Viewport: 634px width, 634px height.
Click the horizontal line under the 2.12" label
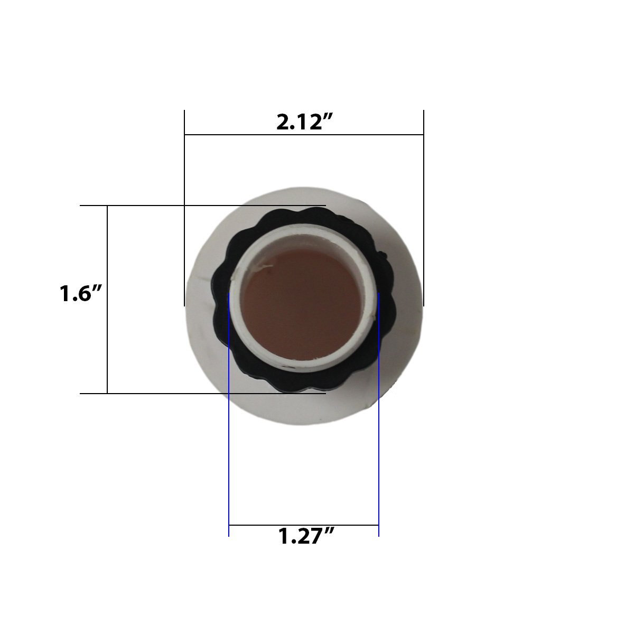pos(304,135)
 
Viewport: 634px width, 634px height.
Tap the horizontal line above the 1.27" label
pos(304,525)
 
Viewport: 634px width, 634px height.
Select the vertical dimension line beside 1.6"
pos(107,300)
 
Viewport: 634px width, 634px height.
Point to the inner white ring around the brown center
pos(236,296)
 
